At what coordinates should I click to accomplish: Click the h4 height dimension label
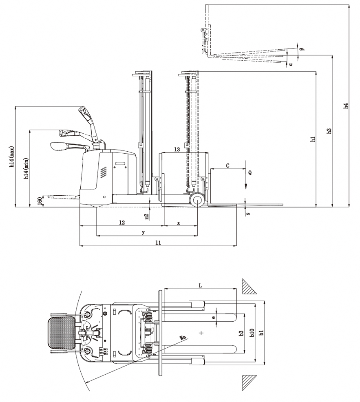[x=346, y=106]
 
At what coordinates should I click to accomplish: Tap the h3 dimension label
[x=329, y=131]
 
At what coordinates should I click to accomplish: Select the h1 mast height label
[x=313, y=139]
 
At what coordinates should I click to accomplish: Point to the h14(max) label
[x=12, y=157]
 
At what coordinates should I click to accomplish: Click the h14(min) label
[x=26, y=168]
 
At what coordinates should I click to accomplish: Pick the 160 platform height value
[x=40, y=201]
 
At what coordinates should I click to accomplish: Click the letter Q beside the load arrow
[x=250, y=172]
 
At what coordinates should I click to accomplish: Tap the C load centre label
[x=227, y=166]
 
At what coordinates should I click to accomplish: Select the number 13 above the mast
[x=177, y=149]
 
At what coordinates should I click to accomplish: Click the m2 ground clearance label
[x=147, y=216]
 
